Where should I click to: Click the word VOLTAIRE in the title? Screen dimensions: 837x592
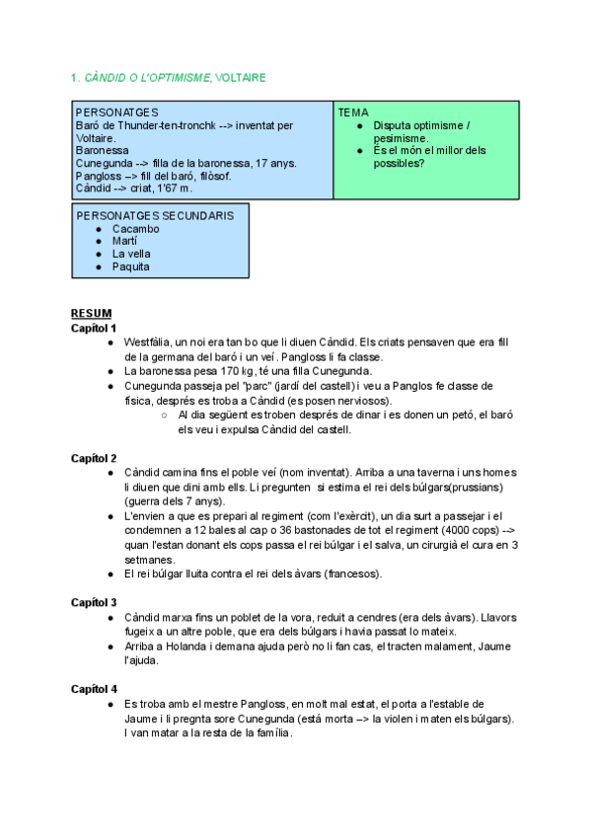(x=241, y=77)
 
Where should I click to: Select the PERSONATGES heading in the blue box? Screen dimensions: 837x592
(x=116, y=113)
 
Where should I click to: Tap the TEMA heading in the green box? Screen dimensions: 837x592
(x=352, y=113)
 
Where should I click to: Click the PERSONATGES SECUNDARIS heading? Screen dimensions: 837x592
(x=155, y=215)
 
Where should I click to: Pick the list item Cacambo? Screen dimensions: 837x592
(x=135, y=229)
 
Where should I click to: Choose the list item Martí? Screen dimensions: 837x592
(x=124, y=241)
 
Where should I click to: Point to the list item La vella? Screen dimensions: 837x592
(x=131, y=254)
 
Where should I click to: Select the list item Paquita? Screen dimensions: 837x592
(x=131, y=266)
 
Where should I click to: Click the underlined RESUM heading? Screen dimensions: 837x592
(x=91, y=313)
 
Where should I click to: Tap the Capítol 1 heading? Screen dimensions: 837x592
(x=94, y=328)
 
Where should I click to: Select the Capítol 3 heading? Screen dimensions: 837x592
(x=94, y=602)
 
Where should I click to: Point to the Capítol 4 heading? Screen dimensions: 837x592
(x=94, y=688)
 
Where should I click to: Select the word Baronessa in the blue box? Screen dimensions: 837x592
(x=104, y=151)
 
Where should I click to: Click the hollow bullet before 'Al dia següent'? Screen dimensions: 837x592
(x=164, y=416)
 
